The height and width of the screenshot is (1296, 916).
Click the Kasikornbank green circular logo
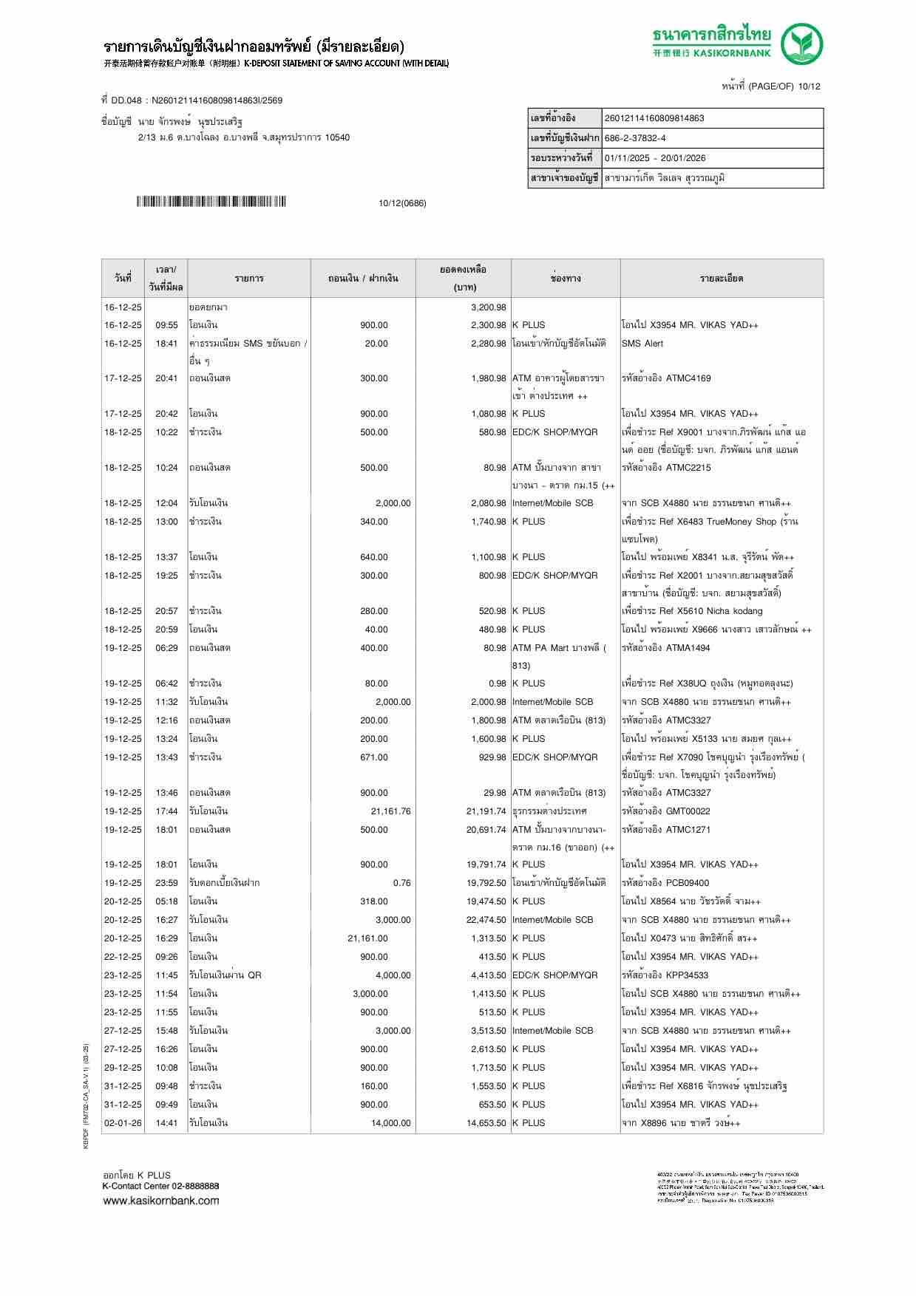(x=803, y=44)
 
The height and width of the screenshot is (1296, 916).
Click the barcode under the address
(x=211, y=202)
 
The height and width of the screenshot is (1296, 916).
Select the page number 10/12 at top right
(x=810, y=86)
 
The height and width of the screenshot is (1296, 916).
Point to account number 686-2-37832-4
(x=635, y=138)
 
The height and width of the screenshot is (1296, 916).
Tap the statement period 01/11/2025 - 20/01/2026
(x=655, y=158)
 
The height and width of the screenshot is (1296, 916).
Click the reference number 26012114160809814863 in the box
(x=654, y=118)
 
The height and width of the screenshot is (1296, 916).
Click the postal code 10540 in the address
(x=337, y=137)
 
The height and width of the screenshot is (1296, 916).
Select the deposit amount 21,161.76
(x=390, y=811)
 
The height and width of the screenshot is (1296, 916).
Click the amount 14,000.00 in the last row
(x=390, y=1123)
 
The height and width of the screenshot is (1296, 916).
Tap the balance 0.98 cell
(x=497, y=683)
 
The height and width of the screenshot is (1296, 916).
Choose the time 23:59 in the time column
(x=166, y=883)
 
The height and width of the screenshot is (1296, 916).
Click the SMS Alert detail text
(x=642, y=344)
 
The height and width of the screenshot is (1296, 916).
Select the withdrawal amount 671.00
(x=373, y=757)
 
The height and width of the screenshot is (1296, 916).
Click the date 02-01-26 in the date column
(x=123, y=1123)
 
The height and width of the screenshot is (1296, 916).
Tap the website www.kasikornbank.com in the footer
(x=160, y=1201)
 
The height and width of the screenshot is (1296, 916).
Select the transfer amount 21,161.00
(x=367, y=938)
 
